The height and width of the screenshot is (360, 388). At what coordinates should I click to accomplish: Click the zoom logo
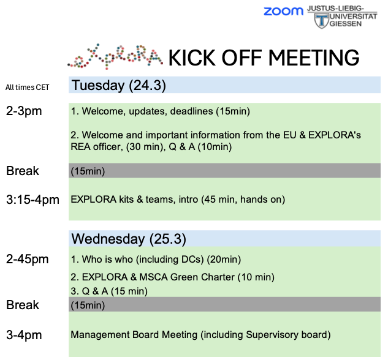pyautogui.click(x=283, y=12)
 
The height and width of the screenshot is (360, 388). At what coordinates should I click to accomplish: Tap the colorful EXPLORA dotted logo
pyautogui.click(x=115, y=56)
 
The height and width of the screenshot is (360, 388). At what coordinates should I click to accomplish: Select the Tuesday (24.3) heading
pyautogui.click(x=119, y=85)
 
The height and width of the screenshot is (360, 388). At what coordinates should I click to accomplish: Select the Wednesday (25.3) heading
pyautogui.click(x=129, y=238)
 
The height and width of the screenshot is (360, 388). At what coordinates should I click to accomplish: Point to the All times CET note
pyautogui.click(x=27, y=88)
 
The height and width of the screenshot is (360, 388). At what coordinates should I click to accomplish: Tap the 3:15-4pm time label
pyautogui.click(x=32, y=200)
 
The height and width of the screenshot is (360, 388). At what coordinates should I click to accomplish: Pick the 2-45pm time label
pyautogui.click(x=27, y=260)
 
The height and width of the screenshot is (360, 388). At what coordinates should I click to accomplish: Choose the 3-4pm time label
pyautogui.click(x=25, y=335)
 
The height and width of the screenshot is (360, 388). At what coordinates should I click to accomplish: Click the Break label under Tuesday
pyautogui.click(x=23, y=171)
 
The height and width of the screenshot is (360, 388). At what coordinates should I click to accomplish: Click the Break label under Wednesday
pyautogui.click(x=23, y=305)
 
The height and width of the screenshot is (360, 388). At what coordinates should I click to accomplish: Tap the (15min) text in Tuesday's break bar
pyautogui.click(x=88, y=171)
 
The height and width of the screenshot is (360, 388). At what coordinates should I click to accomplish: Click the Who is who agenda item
pyautogui.click(x=156, y=260)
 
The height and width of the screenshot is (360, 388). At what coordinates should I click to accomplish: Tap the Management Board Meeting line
pyautogui.click(x=200, y=335)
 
